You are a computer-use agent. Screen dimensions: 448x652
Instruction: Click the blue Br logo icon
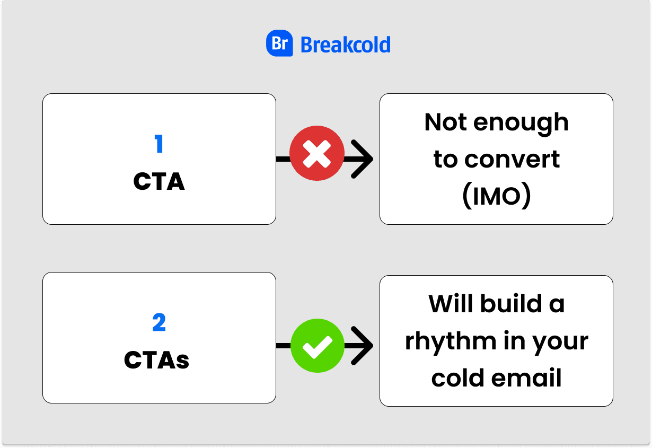pyautogui.click(x=279, y=44)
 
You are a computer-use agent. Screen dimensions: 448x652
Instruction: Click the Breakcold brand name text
pyautogui.click(x=345, y=45)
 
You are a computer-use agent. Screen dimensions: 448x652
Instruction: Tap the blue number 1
pyautogui.click(x=158, y=144)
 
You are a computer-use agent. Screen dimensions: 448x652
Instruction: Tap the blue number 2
pyautogui.click(x=158, y=323)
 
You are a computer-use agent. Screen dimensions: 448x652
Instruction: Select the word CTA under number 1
pyautogui.click(x=158, y=182)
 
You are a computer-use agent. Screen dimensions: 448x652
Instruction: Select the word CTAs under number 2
pyautogui.click(x=156, y=361)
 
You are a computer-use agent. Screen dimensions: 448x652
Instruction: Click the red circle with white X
pyautogui.click(x=317, y=154)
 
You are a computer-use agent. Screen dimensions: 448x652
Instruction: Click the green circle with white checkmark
pyautogui.click(x=317, y=346)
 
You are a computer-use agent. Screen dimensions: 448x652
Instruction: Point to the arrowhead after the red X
pyautogui.click(x=363, y=159)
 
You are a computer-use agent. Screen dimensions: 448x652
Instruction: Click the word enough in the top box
pyautogui.click(x=521, y=123)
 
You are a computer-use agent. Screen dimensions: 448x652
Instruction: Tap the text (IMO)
pyautogui.click(x=496, y=197)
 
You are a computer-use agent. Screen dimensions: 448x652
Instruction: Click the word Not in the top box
pyautogui.click(x=445, y=122)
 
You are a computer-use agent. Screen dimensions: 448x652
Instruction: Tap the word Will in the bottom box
pyautogui.click(x=450, y=303)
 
